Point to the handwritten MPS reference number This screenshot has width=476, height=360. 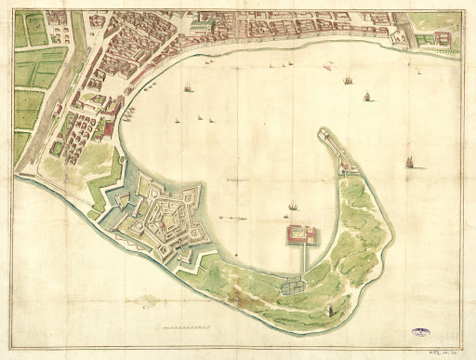click(x=447, y=351)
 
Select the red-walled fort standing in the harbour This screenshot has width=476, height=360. click(x=301, y=233)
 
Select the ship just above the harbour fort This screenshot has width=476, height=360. click(x=293, y=204)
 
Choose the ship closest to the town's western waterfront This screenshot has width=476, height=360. click(x=188, y=88)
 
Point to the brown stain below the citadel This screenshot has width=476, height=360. click(x=144, y=300)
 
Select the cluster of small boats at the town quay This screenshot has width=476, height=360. click(x=127, y=113)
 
